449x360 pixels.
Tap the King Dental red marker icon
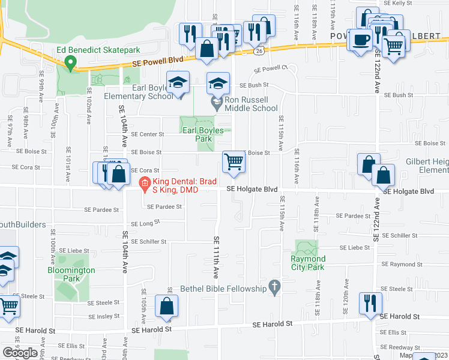pyautogui.click(x=144, y=184)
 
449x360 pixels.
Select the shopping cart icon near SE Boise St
pyautogui.click(x=234, y=161)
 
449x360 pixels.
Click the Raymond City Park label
pyautogui.click(x=307, y=263)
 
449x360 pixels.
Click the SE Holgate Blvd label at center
pyautogui.click(x=252, y=190)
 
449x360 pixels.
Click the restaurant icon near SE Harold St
pyautogui.click(x=369, y=303)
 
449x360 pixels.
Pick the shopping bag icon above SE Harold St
pyautogui.click(x=166, y=306)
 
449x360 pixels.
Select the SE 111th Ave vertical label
pyautogui.click(x=216, y=256)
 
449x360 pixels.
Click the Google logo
pyautogui.click(x=20, y=353)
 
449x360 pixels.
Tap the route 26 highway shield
pyautogui.click(x=259, y=52)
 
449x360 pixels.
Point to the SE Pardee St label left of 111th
pyautogui.click(x=163, y=207)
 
